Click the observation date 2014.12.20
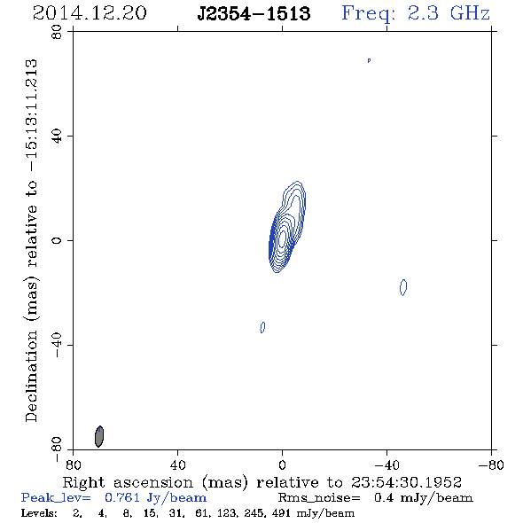click(90, 13)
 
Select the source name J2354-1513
click(254, 13)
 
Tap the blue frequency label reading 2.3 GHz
click(449, 13)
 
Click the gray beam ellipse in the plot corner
click(99, 436)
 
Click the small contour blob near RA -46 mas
click(403, 287)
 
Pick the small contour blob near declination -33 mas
click(262, 327)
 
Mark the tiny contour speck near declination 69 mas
click(369, 60)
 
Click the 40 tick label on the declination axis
click(57, 137)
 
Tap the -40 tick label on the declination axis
click(57, 345)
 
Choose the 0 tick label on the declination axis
click(57, 240)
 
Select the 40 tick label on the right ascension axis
click(178, 465)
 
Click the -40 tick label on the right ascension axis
click(386, 465)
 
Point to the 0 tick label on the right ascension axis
click(282, 465)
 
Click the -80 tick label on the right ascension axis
click(491, 465)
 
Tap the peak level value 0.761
click(122, 497)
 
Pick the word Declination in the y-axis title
click(31, 376)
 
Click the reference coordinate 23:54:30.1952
click(406, 482)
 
